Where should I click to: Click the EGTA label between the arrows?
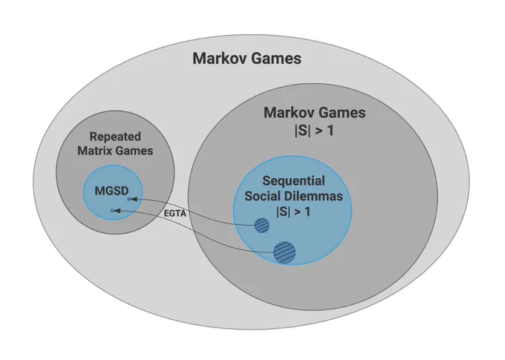click(175, 214)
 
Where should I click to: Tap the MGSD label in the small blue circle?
click(111, 191)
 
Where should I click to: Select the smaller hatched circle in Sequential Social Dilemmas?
click(262, 225)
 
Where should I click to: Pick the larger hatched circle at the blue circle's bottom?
click(284, 252)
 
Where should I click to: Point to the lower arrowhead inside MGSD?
click(117, 211)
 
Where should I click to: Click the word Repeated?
click(115, 137)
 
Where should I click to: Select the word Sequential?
click(293, 181)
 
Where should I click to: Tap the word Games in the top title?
click(276, 59)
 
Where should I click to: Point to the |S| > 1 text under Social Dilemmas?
click(293, 212)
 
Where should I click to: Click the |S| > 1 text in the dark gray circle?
click(314, 131)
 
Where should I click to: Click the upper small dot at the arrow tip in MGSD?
click(129, 200)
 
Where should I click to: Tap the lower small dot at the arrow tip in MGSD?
click(112, 211)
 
